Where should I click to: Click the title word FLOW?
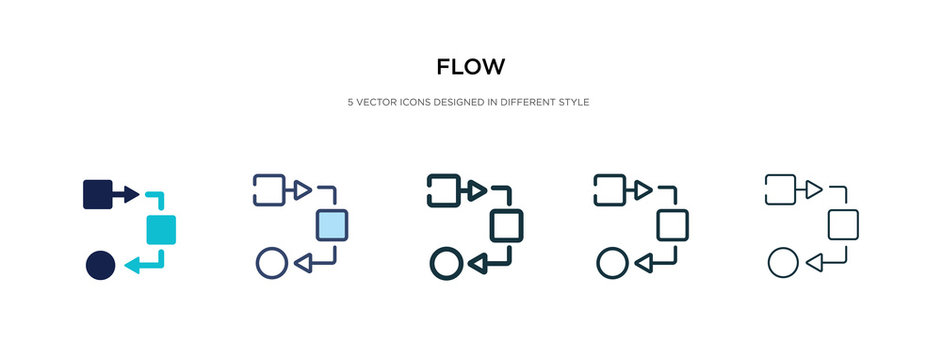[470, 68]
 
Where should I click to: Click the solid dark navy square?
[97, 193]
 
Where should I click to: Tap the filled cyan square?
[161, 229]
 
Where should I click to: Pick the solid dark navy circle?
[100, 265]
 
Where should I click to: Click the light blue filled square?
[333, 226]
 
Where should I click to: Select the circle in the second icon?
[272, 263]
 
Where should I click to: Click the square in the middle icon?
[507, 226]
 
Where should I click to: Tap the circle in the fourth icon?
[611, 263]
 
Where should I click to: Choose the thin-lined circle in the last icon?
[782, 263]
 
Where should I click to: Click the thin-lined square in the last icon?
[844, 225]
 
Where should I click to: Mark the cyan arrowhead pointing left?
[133, 266]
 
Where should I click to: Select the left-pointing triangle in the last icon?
[814, 263]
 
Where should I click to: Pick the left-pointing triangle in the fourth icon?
[643, 263]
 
